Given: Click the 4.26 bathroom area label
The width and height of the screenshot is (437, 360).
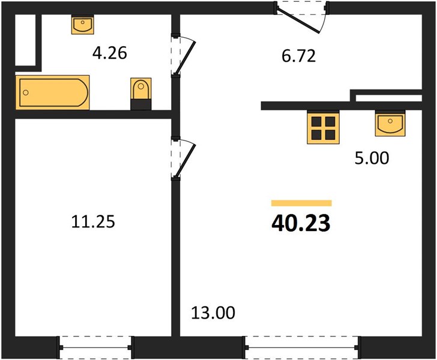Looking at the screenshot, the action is coord(109,53).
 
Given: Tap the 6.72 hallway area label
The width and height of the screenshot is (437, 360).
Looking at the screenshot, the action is coord(298,56).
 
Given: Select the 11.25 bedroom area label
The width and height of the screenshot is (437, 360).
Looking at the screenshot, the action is coord(93,222).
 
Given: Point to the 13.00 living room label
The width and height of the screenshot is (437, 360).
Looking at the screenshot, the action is coord(213,313).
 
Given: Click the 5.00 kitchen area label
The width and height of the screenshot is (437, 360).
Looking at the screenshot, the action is coord(372,158).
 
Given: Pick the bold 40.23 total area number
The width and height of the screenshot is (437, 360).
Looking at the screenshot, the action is coord(301,223).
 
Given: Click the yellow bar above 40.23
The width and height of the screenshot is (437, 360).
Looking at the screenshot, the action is coord(301,203).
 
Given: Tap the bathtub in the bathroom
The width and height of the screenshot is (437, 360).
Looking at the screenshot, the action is coord(52,92).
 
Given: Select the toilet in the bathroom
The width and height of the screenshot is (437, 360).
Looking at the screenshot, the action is coord(141,89).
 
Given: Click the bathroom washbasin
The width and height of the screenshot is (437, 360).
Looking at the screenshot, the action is coord(82,25).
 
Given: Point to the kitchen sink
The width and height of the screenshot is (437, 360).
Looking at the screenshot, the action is coord(390,123).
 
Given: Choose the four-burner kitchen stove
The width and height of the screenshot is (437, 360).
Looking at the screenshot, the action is coord(324,127).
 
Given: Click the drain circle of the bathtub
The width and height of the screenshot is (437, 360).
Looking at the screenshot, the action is coord(26,92).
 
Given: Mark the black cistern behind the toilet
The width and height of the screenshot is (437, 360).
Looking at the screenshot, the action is coord(141,104).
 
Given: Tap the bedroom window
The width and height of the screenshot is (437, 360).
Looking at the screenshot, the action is coord(95,347).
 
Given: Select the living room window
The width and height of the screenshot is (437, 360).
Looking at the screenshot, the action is coord(302,347).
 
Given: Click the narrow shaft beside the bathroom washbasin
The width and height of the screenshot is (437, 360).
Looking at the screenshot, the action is coord(25,40).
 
